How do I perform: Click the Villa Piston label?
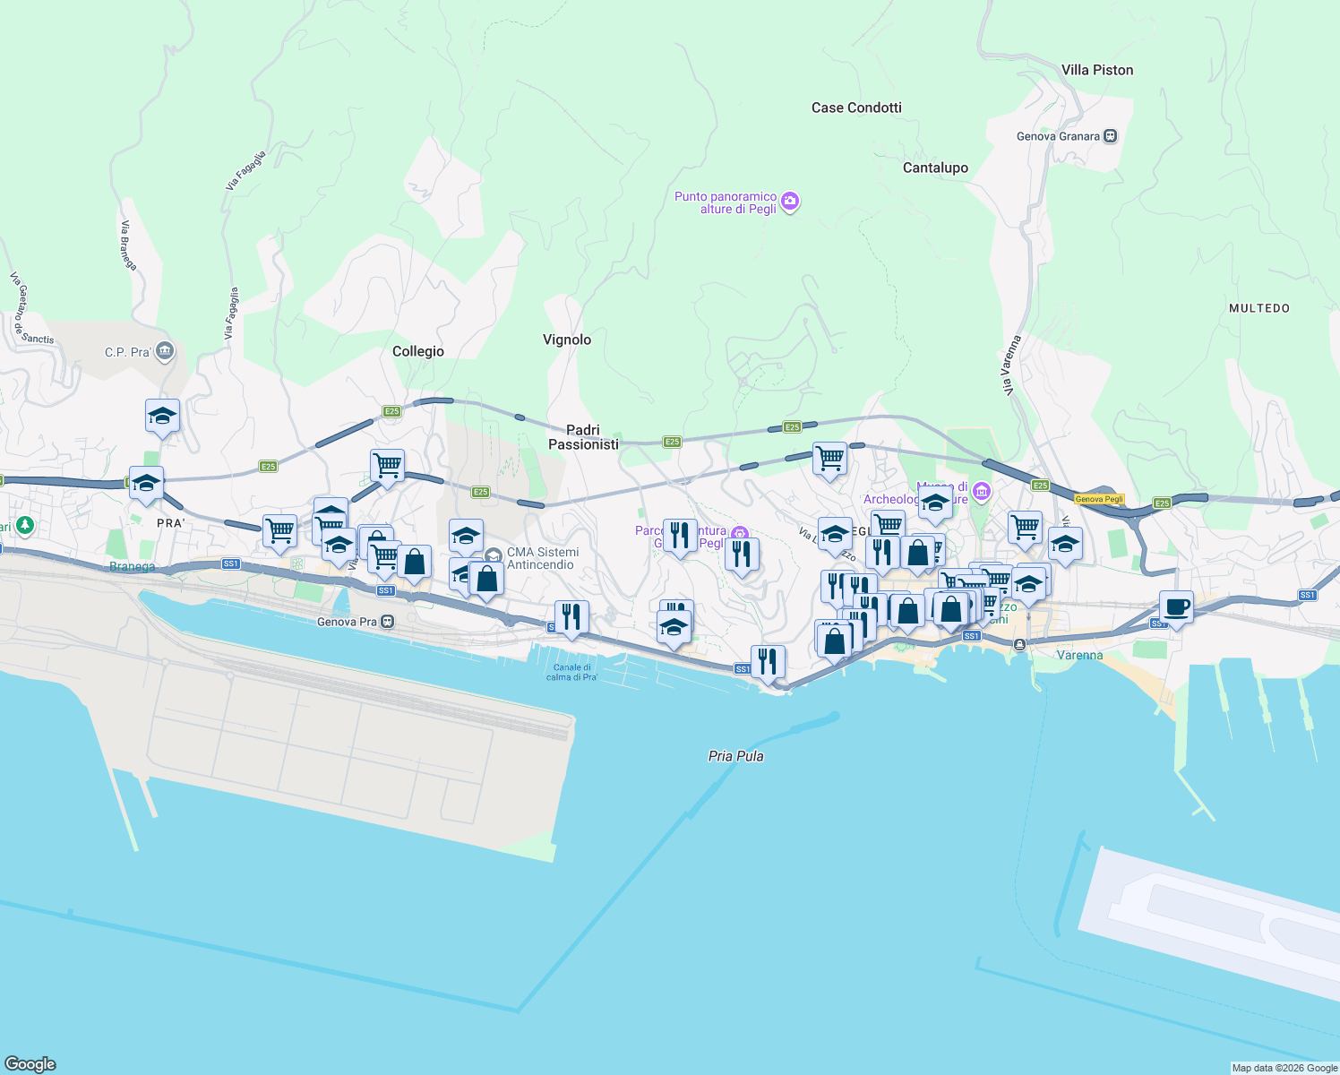point(1096,70)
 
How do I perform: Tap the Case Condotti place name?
point(856,107)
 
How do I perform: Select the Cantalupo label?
point(935,168)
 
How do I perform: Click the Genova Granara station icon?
point(1111,136)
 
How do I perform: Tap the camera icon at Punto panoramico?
point(790,202)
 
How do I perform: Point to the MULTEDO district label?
point(1259,308)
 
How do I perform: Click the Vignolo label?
point(567,340)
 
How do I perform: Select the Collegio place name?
point(418,351)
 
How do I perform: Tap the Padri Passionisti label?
point(583,437)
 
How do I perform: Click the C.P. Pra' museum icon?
point(164,351)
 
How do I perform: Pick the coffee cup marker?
point(1176,607)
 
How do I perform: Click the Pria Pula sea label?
point(735,756)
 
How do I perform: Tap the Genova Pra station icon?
point(387,622)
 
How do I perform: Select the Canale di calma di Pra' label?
point(571,672)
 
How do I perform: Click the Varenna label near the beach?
point(1079,655)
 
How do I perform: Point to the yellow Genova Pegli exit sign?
point(1099,499)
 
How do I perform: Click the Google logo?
point(30,1064)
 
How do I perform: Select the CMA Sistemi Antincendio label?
point(542,558)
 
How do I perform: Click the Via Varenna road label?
point(1011,365)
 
